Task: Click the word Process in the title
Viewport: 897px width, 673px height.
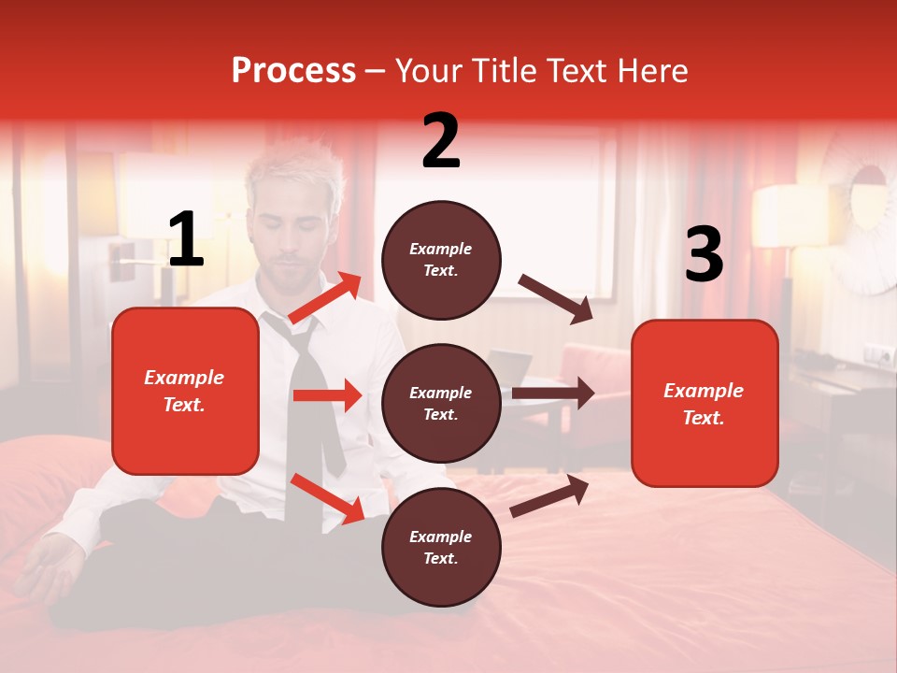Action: (x=293, y=70)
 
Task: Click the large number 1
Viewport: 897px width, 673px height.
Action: (x=186, y=240)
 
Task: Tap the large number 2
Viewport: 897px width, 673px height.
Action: (x=441, y=141)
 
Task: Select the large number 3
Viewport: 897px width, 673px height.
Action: (x=704, y=255)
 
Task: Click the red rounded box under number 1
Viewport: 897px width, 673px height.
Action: (x=185, y=391)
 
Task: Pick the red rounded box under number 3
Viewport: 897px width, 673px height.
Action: (x=705, y=404)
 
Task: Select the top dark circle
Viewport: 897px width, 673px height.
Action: (x=441, y=260)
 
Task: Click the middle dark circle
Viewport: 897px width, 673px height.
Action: (x=441, y=404)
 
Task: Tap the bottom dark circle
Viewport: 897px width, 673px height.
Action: (x=441, y=548)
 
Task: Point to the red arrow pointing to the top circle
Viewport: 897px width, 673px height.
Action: (x=325, y=297)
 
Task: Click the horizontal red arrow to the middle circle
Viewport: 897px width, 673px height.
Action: (x=327, y=395)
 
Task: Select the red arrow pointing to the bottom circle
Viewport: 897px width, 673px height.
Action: (x=328, y=498)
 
